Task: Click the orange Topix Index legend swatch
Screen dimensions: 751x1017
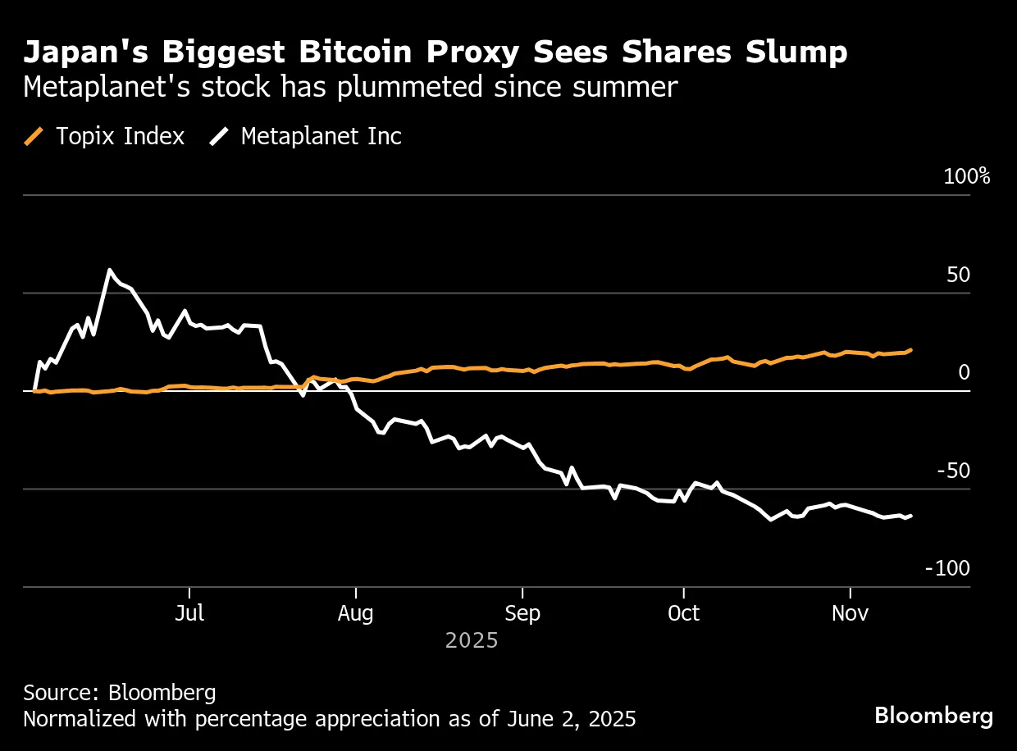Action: pyautogui.click(x=34, y=136)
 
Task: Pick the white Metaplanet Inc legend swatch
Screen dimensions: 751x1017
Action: pyautogui.click(x=219, y=136)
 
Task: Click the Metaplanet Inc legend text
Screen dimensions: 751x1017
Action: pyautogui.click(x=321, y=136)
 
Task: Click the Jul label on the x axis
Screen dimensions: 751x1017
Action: pyautogui.click(x=189, y=613)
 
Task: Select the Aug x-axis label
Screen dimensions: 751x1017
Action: pyautogui.click(x=355, y=613)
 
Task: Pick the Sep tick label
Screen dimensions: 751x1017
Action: pyautogui.click(x=522, y=613)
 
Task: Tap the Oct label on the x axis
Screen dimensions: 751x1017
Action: pyautogui.click(x=683, y=613)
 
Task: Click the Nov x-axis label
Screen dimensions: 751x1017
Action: pyautogui.click(x=851, y=613)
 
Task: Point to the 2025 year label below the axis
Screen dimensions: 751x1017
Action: pyautogui.click(x=472, y=640)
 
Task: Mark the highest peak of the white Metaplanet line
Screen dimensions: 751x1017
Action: pyautogui.click(x=109, y=270)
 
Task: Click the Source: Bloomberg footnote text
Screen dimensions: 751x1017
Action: pyautogui.click(x=120, y=693)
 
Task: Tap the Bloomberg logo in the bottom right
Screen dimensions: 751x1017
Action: pyautogui.click(x=933, y=716)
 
